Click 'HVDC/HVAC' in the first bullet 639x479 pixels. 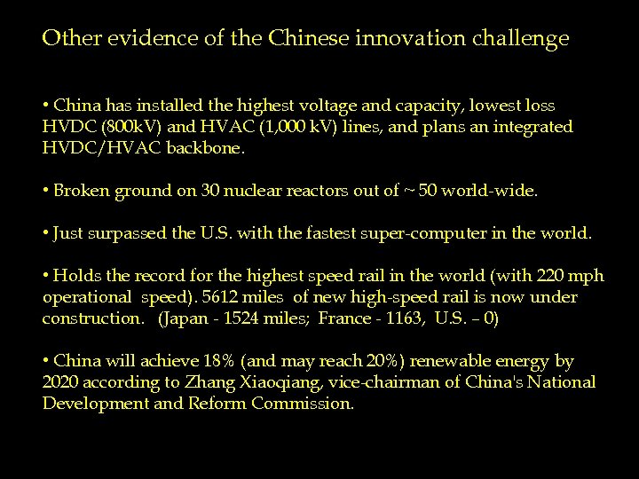point(93,148)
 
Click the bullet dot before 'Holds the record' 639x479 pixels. point(45,277)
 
